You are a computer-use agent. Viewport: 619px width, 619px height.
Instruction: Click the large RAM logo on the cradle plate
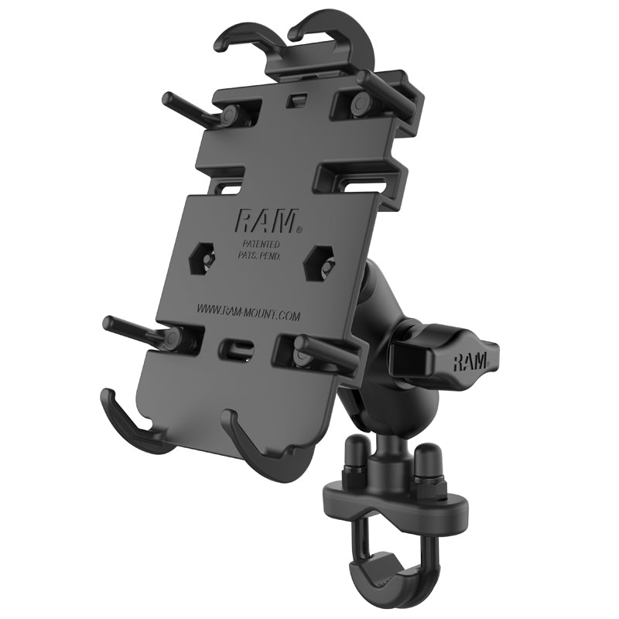[265, 222]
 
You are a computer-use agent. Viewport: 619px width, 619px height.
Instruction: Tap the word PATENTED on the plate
[259, 244]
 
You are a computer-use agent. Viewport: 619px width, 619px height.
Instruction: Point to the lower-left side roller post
[139, 328]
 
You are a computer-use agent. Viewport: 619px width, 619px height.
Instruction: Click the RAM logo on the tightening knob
[470, 361]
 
